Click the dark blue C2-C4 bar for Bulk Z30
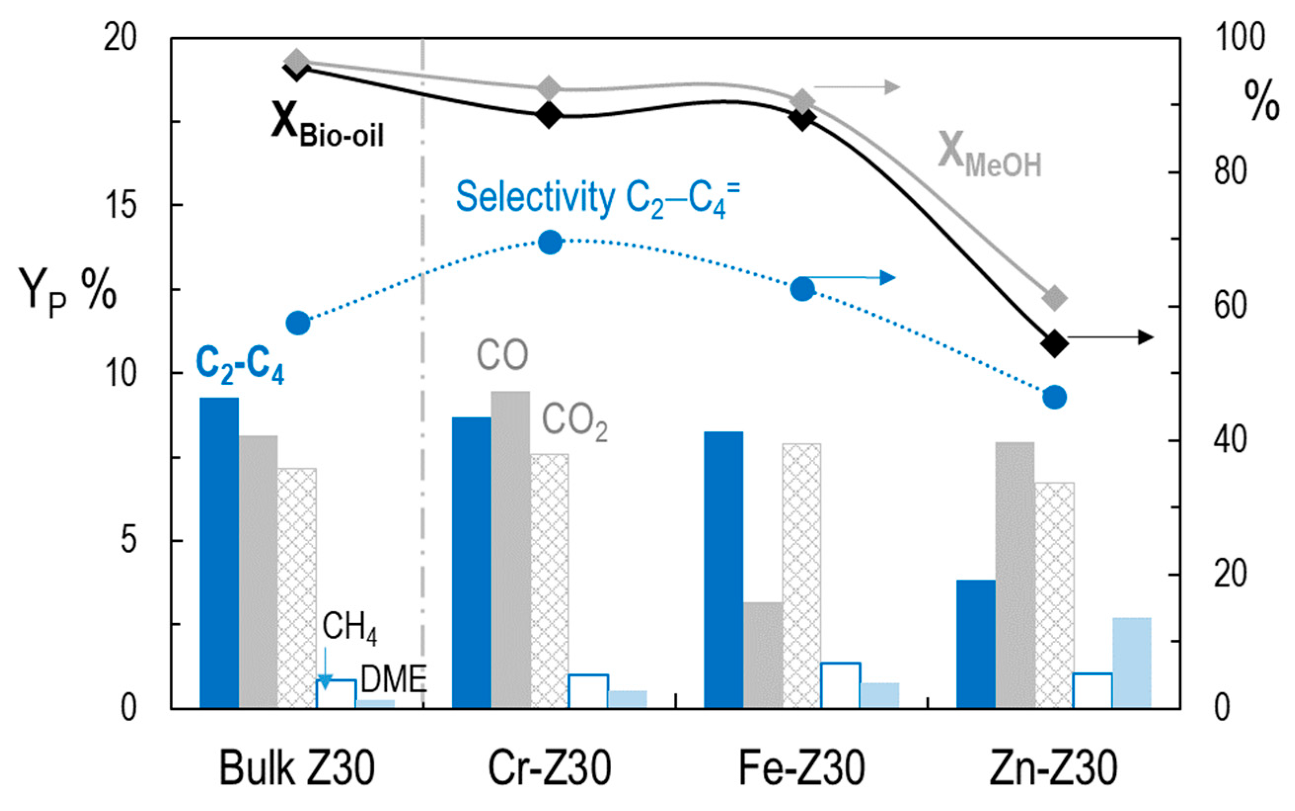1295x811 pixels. click(220, 553)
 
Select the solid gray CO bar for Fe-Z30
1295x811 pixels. click(763, 655)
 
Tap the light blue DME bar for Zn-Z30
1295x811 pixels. click(1131, 663)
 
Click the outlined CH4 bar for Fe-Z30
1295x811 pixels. click(840, 686)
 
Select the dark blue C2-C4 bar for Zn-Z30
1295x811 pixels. click(976, 644)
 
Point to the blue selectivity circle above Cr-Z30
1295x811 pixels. click(550, 242)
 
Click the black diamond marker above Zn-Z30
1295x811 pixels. click(1054, 343)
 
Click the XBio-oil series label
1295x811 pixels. click(327, 126)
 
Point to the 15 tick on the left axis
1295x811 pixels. click(121, 205)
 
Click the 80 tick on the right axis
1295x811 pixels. click(1231, 172)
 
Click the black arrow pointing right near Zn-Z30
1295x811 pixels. click(1110, 337)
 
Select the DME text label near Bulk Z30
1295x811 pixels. click(394, 679)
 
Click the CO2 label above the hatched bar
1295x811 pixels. click(574, 422)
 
